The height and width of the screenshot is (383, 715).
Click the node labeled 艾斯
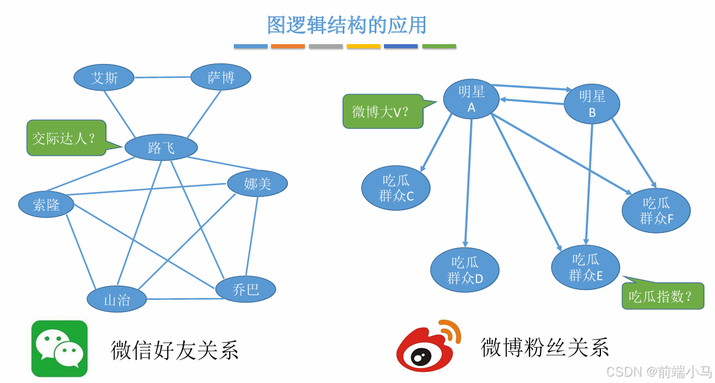coord(104,78)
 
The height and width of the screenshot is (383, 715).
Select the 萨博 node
coord(220,77)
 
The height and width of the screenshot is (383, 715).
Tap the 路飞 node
coord(161,148)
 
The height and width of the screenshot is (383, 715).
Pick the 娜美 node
coord(257,184)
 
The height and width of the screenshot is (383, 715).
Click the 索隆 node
coord(47,205)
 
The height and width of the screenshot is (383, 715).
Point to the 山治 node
coord(117,299)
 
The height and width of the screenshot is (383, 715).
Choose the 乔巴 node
coord(246,289)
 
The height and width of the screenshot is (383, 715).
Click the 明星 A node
coord(471,99)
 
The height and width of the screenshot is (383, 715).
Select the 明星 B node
coord(592,104)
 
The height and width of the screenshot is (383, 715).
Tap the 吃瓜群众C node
coord(396,188)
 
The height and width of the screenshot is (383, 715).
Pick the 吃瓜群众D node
coord(465,270)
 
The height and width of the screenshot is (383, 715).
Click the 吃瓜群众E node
coord(586,267)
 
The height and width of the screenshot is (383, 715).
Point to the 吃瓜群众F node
coord(656,210)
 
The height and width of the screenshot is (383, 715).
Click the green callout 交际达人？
coord(66,138)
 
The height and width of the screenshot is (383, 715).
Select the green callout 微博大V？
coord(382,111)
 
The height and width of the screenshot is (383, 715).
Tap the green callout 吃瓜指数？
coord(662,296)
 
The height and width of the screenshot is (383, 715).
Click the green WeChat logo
coord(59,349)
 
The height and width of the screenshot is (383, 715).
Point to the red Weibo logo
coord(428,346)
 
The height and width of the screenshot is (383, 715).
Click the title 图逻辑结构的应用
coord(347,25)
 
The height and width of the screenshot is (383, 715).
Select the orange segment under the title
coord(288,46)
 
